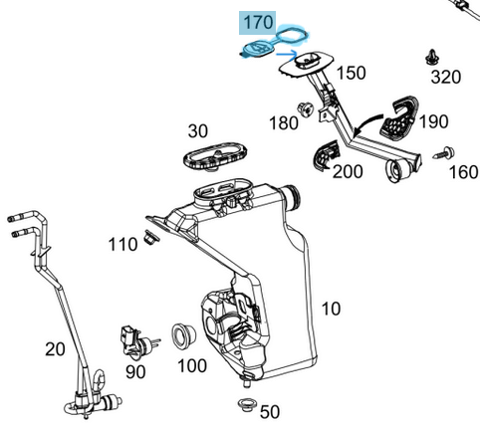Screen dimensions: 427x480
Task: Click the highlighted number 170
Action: click(257, 21)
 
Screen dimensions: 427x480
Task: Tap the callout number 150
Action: click(350, 73)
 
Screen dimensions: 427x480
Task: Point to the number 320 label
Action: click(445, 77)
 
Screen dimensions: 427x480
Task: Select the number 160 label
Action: click(463, 171)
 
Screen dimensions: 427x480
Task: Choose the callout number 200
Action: click(348, 171)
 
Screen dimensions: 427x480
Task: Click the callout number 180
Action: click(284, 122)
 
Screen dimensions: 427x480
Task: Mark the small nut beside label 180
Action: click(307, 107)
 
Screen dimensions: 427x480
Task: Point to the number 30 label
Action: click(197, 130)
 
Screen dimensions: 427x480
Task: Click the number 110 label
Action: click(122, 245)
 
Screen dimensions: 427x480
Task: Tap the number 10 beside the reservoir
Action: click(330, 309)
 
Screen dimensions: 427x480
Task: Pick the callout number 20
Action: click(55, 347)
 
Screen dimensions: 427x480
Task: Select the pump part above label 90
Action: click(134, 339)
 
